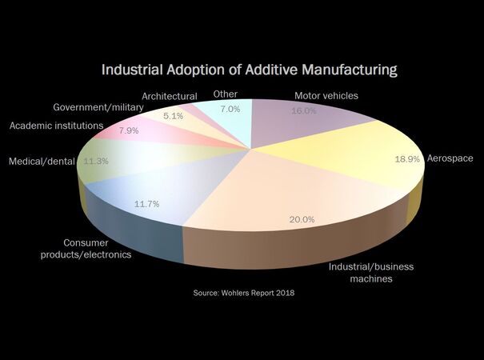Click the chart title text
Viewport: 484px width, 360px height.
click(250, 70)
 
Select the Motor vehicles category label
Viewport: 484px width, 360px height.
click(326, 96)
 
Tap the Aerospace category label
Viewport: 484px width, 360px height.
click(450, 158)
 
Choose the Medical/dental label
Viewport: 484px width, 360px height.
click(42, 161)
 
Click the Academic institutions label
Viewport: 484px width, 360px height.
click(56, 126)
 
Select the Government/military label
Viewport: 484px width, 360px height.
click(98, 107)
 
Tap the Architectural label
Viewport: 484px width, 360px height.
click(170, 96)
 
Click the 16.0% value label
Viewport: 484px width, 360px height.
click(304, 111)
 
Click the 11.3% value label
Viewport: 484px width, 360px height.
click(96, 160)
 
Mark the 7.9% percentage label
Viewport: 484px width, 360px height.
click(129, 130)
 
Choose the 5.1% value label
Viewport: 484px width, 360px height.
click(173, 115)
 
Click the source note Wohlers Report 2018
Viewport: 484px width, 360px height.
click(244, 294)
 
